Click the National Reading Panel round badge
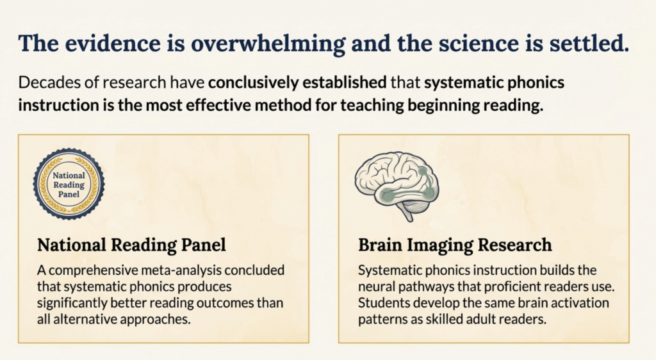69,184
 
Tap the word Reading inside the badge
69,185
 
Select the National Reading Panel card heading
131,245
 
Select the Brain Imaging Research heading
455,245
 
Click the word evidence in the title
113,43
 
